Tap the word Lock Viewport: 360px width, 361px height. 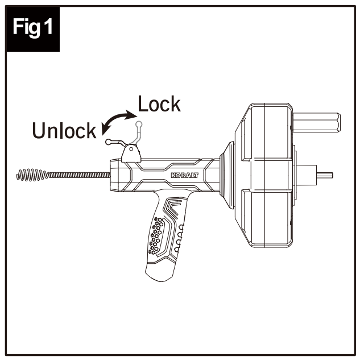pos(159,104)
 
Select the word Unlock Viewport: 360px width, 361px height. pos(64,130)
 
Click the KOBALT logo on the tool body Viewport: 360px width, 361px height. pos(184,175)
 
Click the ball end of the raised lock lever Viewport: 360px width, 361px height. pos(138,122)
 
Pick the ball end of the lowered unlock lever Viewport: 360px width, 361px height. pos(107,142)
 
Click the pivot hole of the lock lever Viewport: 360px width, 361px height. pos(131,150)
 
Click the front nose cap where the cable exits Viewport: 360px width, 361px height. pos(116,173)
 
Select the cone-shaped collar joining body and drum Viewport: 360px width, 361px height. pos(223,173)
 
